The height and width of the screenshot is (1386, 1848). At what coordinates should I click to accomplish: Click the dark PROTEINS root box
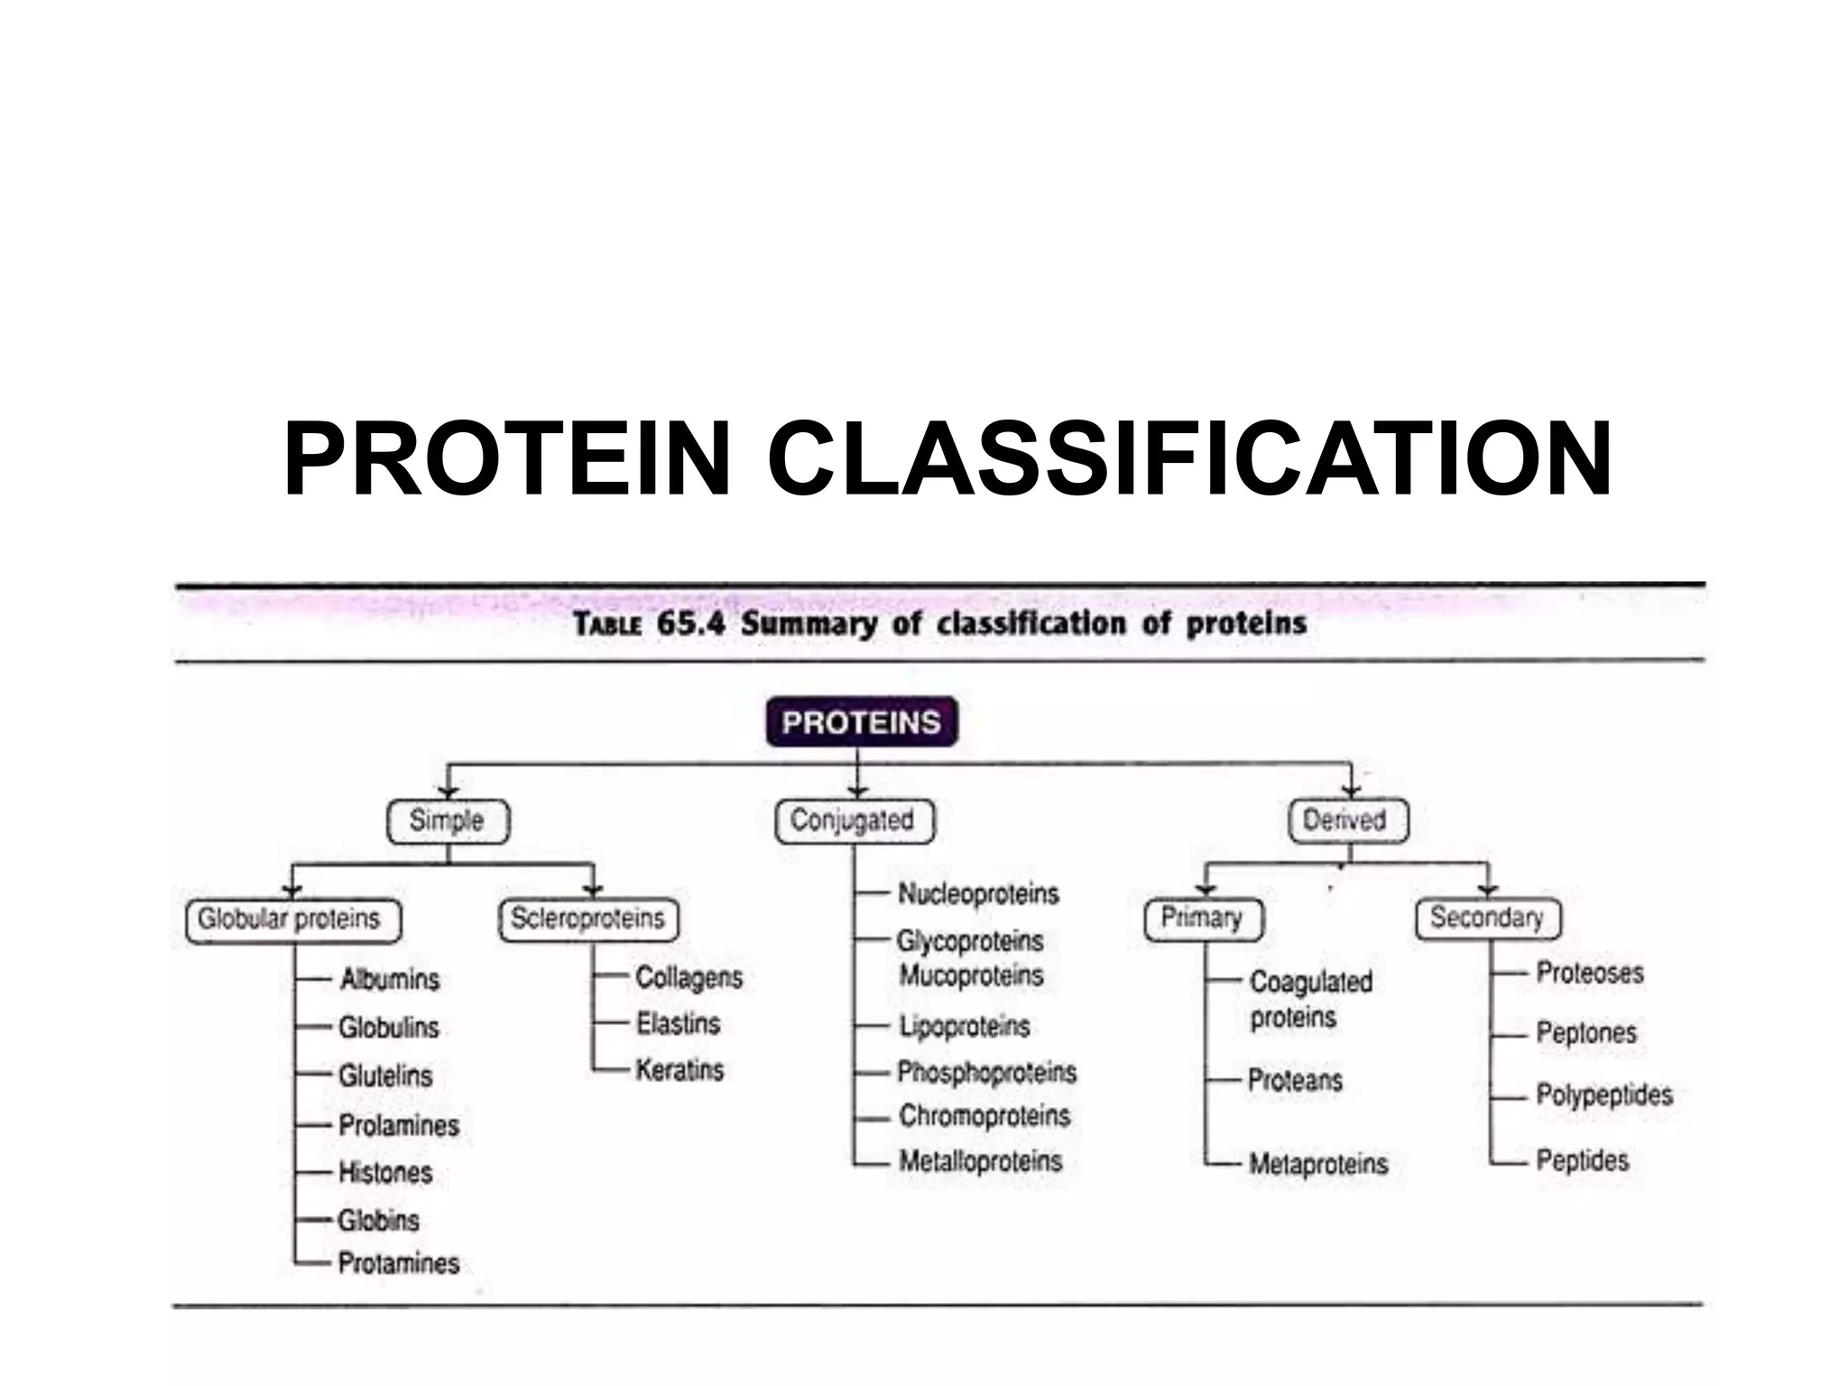coord(861,722)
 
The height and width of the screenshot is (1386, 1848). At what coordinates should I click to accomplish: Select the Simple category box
coord(448,820)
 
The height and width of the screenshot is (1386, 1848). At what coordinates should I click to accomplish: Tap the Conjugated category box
coord(853,820)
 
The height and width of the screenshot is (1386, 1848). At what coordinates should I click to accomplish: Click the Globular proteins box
coord(291,919)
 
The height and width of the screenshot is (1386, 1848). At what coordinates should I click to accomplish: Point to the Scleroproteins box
coord(588,919)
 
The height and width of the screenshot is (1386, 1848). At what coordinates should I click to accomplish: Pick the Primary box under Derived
coord(1202,919)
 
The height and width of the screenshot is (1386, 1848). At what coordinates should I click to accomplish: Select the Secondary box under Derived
coord(1487,919)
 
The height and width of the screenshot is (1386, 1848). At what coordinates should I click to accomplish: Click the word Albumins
coord(390,979)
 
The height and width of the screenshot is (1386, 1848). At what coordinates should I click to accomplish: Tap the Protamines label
coord(398,1262)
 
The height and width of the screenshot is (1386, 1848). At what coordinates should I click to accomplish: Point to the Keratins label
coord(679,1070)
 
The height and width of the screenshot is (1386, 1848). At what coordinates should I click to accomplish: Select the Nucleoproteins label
coord(978,893)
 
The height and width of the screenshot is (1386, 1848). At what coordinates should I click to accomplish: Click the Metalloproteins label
coord(980,1160)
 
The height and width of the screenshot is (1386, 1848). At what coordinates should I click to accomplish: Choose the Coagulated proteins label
coord(1309,999)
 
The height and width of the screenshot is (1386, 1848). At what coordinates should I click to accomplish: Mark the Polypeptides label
coord(1603,1095)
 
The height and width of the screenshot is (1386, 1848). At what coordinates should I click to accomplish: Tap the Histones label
coord(385,1172)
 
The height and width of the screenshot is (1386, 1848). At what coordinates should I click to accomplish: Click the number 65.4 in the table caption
coord(690,624)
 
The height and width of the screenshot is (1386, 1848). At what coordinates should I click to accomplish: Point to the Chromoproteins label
coord(984,1115)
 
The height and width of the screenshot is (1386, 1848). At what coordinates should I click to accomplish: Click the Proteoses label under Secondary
coord(1589,973)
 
